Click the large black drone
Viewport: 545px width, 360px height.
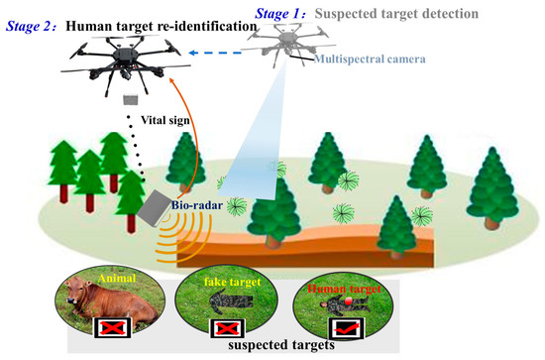pyautogui.click(x=128, y=60)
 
